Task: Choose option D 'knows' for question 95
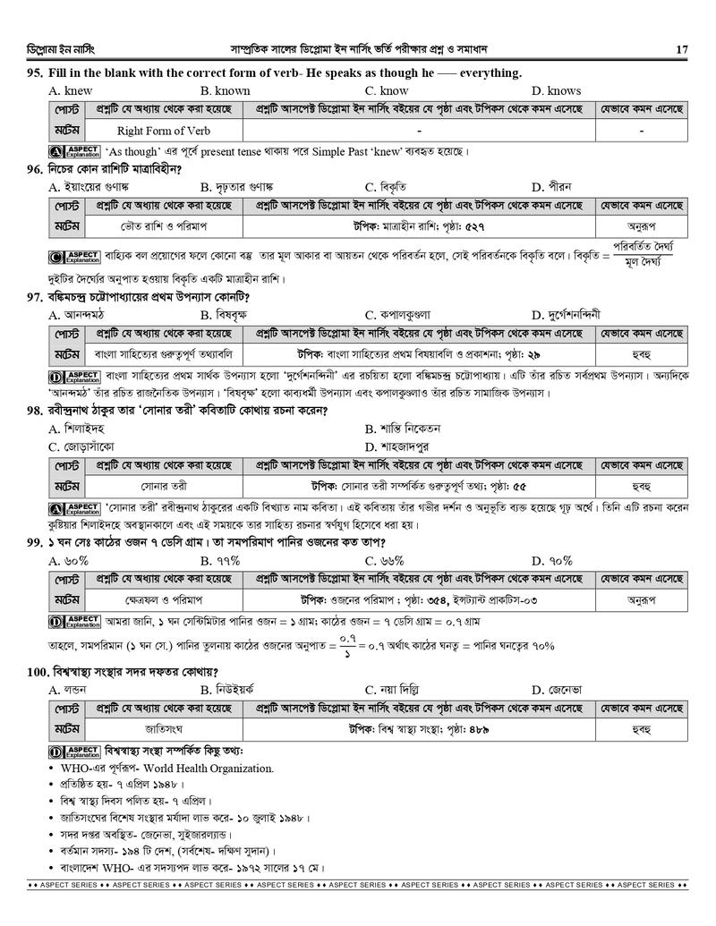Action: tap(556, 90)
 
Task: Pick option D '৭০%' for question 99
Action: tap(551, 561)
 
